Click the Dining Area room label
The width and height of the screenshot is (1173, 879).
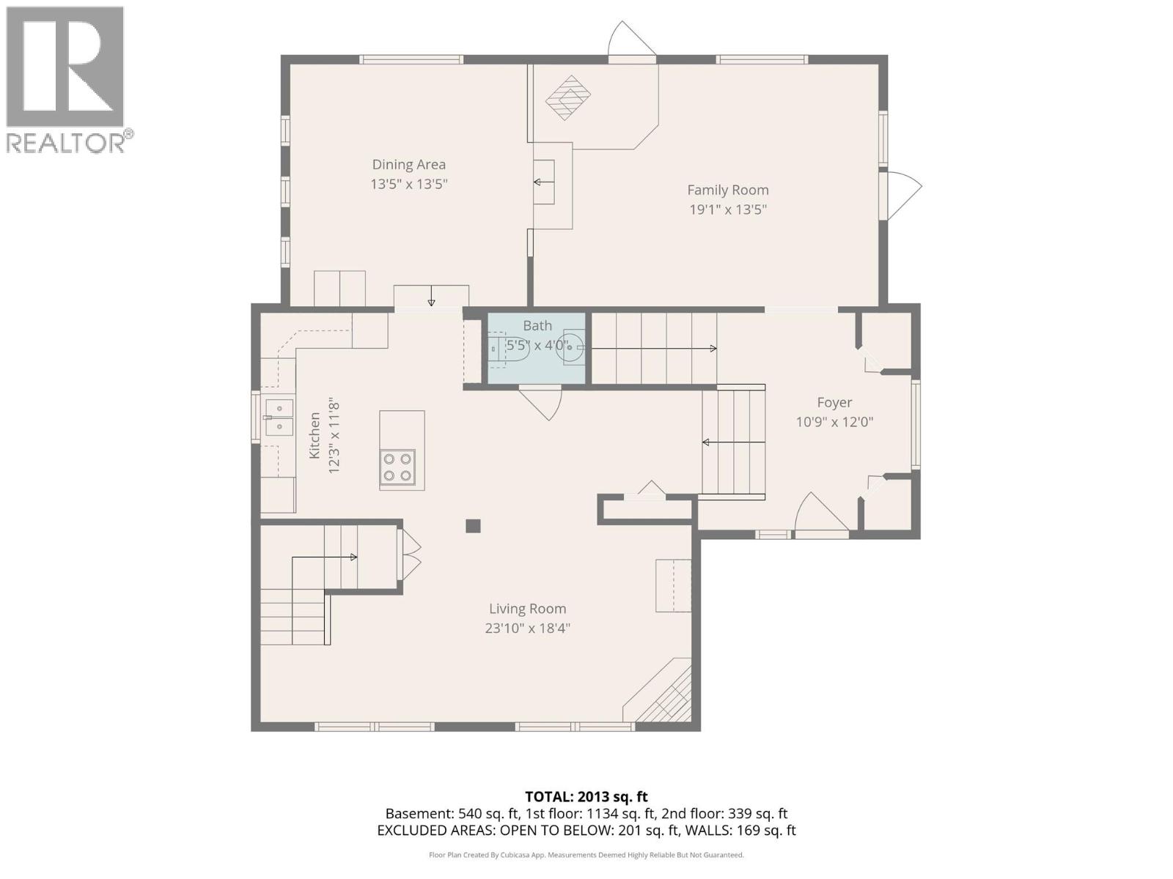coord(408,165)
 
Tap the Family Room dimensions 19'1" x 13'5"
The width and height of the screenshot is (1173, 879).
coord(728,209)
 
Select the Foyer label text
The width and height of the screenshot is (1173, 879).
coord(834,402)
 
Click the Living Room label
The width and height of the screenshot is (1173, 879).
coord(527,609)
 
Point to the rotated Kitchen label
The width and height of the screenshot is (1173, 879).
coord(315,435)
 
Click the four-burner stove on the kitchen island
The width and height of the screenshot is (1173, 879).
coord(397,468)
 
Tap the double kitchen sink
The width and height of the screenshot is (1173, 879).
coord(279,417)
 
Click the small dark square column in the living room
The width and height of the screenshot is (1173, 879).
coord(473,525)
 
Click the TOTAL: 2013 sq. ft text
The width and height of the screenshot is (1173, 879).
coord(586,797)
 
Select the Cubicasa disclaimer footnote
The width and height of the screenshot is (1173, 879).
coord(586,855)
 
